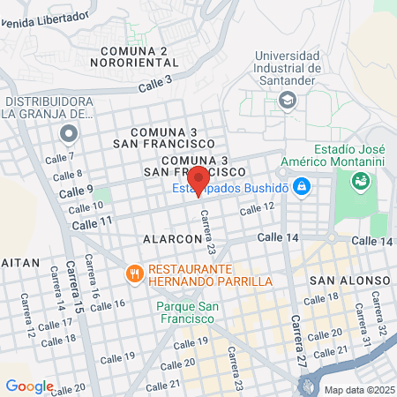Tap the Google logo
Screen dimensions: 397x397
coord(29,386)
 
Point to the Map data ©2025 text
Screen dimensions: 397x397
coord(359,389)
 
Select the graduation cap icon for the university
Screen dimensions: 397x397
coord(287,101)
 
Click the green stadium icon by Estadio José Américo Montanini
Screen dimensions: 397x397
coord(360,183)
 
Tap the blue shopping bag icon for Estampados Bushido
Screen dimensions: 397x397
coord(302,186)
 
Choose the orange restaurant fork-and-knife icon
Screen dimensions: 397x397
coord(135,273)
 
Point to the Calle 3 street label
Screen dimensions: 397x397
coord(154,84)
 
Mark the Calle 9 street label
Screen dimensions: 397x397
coord(76,191)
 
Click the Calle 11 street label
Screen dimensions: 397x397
coord(94,222)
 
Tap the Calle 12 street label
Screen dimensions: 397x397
coord(258,208)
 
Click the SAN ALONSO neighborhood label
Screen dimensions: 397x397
coord(350,281)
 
